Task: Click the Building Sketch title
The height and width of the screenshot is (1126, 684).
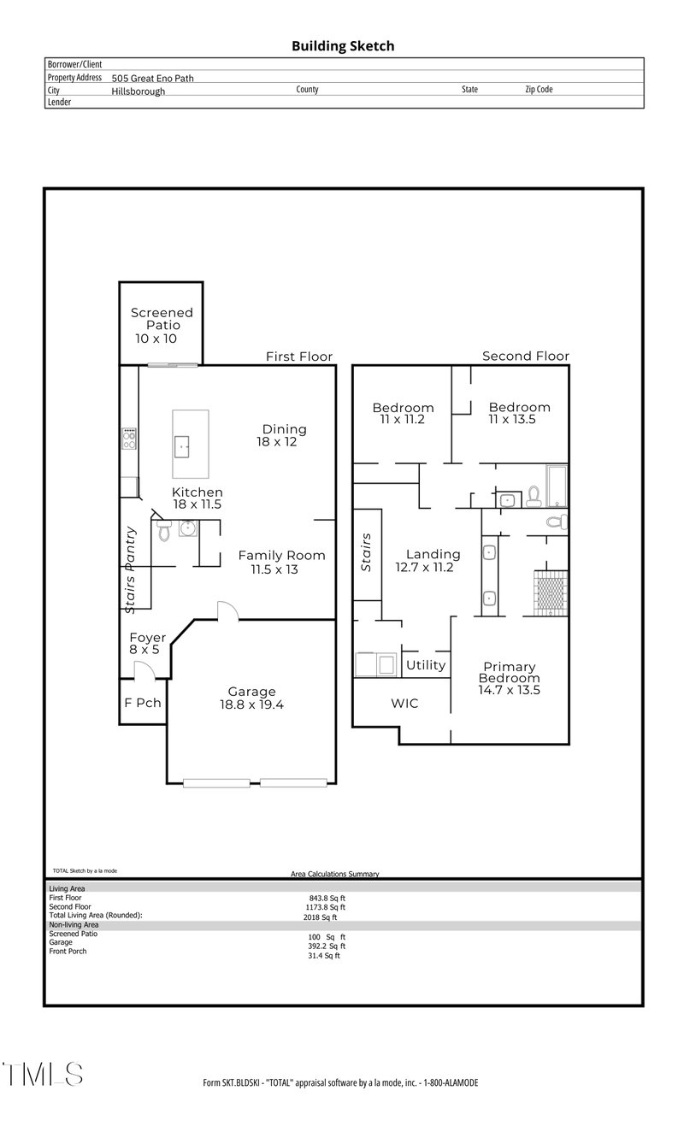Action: [343, 46]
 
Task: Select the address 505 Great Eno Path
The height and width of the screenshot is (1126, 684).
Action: [152, 78]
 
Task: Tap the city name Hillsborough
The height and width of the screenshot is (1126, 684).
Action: [138, 91]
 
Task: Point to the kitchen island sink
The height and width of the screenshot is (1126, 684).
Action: [182, 445]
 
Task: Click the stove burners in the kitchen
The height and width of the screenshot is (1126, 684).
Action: [129, 439]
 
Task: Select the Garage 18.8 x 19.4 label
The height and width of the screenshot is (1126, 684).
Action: [251, 698]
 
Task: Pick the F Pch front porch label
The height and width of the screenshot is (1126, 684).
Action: [143, 704]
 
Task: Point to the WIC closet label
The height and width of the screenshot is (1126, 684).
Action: [404, 704]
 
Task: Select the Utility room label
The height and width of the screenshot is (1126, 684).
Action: [425, 665]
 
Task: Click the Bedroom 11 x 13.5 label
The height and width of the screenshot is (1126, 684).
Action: [519, 413]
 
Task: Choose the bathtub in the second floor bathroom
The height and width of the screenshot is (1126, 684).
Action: [557, 486]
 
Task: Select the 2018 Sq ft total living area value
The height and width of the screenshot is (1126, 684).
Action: [320, 917]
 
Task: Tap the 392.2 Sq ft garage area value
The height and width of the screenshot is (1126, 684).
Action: [325, 946]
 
